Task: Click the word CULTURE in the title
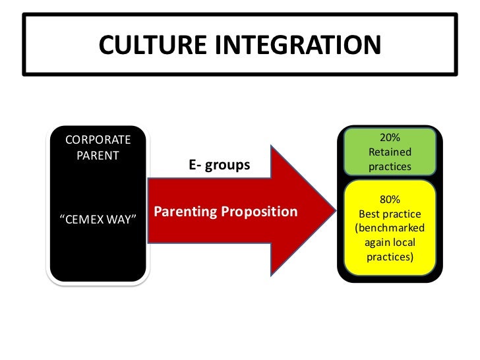152,44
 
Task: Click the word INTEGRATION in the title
296,44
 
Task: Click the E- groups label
220,165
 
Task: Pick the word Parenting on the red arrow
185,212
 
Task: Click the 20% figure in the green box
390,138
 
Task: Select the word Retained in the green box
390,152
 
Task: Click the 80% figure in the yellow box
390,200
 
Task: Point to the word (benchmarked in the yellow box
390,228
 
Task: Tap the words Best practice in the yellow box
390,214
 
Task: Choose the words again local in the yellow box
390,242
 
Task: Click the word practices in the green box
390,167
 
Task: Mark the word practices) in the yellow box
390,256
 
